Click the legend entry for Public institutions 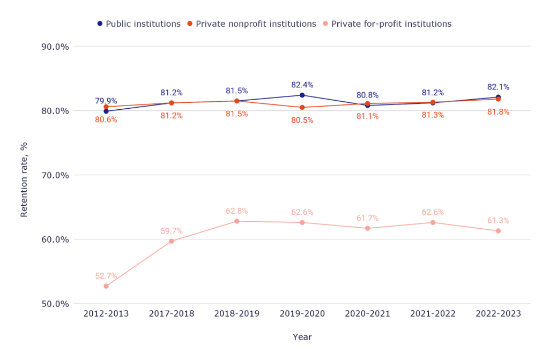point(139,24)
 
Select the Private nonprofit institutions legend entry point(251,24)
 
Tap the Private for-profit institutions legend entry point(387,24)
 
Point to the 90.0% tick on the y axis point(55,47)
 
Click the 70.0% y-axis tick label point(55,175)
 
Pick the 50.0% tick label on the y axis point(55,304)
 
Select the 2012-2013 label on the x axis point(106,314)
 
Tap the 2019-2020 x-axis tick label point(302,314)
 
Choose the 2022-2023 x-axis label point(498,314)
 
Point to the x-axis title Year point(302,337)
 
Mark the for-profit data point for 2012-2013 point(106,286)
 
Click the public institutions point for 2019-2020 point(302,95)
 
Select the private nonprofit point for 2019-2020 point(302,108)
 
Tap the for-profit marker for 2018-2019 point(237,221)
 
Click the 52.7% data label point(106,276)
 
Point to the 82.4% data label point(302,85)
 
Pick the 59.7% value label point(172,231)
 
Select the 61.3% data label point(498,221)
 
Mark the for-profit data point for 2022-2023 point(498,231)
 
